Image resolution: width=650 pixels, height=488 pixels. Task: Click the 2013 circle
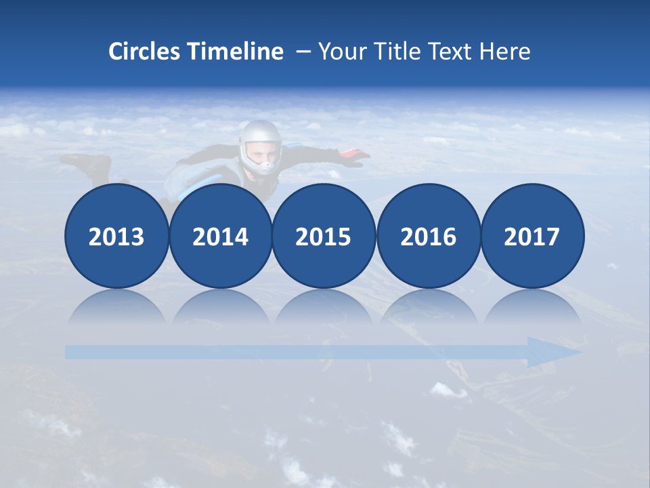point(116,237)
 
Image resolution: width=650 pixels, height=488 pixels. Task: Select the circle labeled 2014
point(220,237)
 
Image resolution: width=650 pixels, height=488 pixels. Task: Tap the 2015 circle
point(324,237)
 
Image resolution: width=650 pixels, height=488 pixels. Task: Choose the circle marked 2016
point(428,237)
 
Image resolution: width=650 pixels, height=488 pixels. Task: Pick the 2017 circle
point(532,237)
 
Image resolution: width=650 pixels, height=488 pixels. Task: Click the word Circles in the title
point(145,52)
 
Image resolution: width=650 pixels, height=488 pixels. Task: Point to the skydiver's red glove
point(353,157)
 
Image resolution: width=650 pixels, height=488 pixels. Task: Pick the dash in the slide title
point(303,52)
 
